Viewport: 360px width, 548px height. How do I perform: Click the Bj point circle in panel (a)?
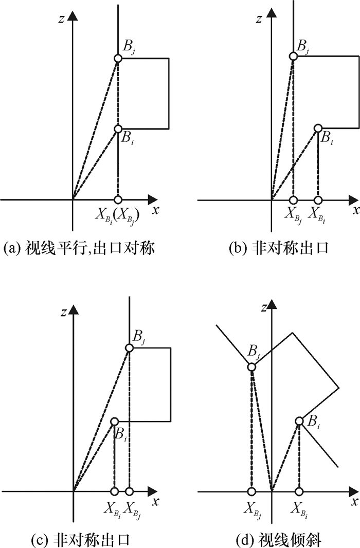(x=118, y=59)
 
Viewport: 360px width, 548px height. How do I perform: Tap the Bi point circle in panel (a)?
(x=118, y=129)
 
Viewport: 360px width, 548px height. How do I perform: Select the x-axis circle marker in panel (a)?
(x=118, y=199)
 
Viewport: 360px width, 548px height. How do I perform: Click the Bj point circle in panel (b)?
(x=293, y=56)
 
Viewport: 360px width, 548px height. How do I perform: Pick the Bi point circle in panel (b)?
(x=318, y=128)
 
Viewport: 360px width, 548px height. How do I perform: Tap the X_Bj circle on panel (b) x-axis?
(x=293, y=199)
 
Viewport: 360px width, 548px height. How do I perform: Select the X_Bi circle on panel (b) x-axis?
(x=318, y=199)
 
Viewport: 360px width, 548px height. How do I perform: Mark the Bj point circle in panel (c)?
(x=129, y=348)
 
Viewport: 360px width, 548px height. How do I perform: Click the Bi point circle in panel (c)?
(x=114, y=421)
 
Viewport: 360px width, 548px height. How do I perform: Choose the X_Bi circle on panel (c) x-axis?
(x=114, y=491)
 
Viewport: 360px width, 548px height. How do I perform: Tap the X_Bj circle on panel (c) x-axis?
(x=129, y=491)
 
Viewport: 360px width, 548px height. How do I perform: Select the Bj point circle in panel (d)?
(x=251, y=367)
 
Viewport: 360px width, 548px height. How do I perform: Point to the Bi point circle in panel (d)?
(x=299, y=421)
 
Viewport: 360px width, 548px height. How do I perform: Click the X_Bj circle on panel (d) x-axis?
(x=251, y=491)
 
